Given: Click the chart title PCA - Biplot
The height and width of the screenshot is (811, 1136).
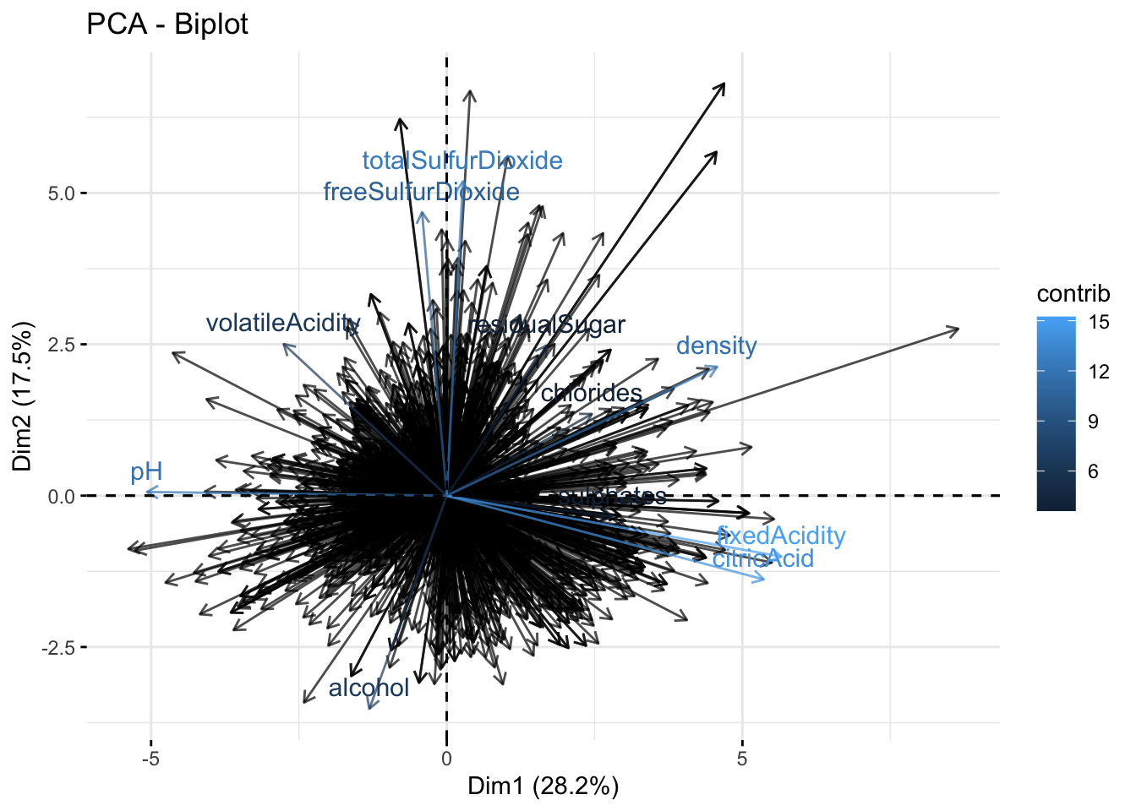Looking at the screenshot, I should (x=167, y=24).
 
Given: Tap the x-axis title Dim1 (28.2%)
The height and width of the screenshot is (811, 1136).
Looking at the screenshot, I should (x=543, y=787).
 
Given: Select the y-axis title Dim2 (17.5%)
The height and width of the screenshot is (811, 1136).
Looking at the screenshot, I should (x=22, y=395).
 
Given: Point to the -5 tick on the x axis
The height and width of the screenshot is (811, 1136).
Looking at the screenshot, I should (x=150, y=758).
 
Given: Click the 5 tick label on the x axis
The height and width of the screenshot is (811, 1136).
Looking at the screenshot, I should (x=742, y=758).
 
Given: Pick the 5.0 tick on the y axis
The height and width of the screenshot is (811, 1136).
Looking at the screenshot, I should (x=62, y=193).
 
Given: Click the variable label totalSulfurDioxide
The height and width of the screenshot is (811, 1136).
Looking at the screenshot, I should (x=462, y=161).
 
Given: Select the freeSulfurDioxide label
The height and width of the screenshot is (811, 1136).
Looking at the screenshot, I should (x=421, y=192).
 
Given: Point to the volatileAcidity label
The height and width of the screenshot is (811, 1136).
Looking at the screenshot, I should (x=283, y=323).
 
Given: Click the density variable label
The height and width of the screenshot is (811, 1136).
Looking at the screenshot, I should (x=717, y=346).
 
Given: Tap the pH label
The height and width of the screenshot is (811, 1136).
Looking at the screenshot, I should (x=146, y=472).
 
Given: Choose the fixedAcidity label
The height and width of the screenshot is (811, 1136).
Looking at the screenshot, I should (x=781, y=536).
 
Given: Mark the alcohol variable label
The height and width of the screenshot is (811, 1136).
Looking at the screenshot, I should (x=369, y=688).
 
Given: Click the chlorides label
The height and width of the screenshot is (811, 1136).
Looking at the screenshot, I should (x=592, y=393).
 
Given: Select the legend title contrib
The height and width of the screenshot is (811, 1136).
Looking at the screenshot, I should (x=1073, y=293).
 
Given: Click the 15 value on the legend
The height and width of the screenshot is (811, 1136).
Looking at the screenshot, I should (x=1099, y=322).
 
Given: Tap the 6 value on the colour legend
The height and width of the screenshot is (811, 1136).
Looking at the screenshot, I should (x=1094, y=471).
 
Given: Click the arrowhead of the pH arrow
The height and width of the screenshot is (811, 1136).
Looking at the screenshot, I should (x=146, y=492).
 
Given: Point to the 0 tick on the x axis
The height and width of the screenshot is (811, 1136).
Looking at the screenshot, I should (x=446, y=758).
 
